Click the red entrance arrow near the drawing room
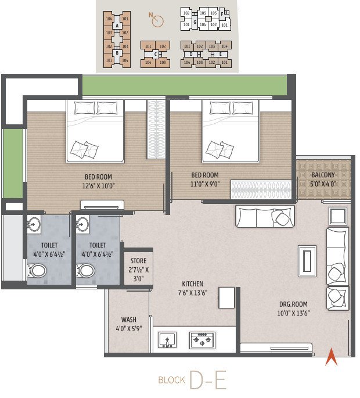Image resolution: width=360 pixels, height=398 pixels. [x=331, y=356]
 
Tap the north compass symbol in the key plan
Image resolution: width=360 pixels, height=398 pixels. [x=155, y=21]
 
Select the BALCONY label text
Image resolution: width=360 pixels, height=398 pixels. [x=323, y=175]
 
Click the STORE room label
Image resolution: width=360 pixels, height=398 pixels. [x=138, y=261]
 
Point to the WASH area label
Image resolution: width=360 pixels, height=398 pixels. [x=128, y=320]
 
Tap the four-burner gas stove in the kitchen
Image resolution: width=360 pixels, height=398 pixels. [x=202, y=340]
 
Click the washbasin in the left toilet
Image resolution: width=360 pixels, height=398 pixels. [x=34, y=224]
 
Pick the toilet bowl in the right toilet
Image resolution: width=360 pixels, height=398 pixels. [x=86, y=270]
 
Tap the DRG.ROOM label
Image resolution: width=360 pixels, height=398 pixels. [x=292, y=304]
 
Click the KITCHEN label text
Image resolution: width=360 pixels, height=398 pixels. [x=192, y=284]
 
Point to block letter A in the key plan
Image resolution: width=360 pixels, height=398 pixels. [x=117, y=26]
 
